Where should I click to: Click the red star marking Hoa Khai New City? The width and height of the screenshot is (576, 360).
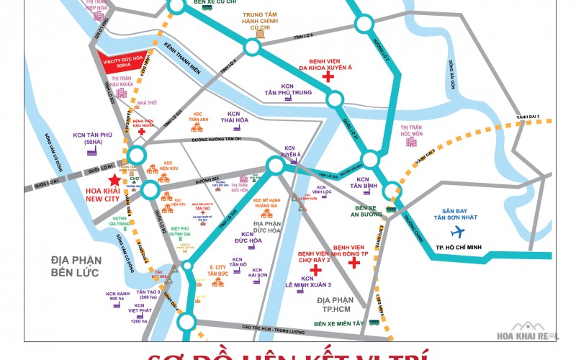[112, 181]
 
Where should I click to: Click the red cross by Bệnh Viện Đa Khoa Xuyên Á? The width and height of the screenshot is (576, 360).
[328, 76]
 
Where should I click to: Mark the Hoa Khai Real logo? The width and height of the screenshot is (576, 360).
[534, 336]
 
